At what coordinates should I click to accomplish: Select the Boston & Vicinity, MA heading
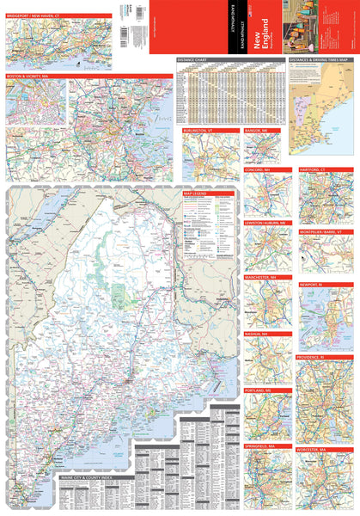[x=27, y=77]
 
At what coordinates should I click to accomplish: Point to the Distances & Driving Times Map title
[x=321, y=60]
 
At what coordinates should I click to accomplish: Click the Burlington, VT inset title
[x=198, y=129]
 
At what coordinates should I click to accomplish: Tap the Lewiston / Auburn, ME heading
[x=265, y=222]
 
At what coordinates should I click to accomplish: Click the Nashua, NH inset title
[x=257, y=333]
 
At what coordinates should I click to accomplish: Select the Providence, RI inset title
[x=313, y=356]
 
